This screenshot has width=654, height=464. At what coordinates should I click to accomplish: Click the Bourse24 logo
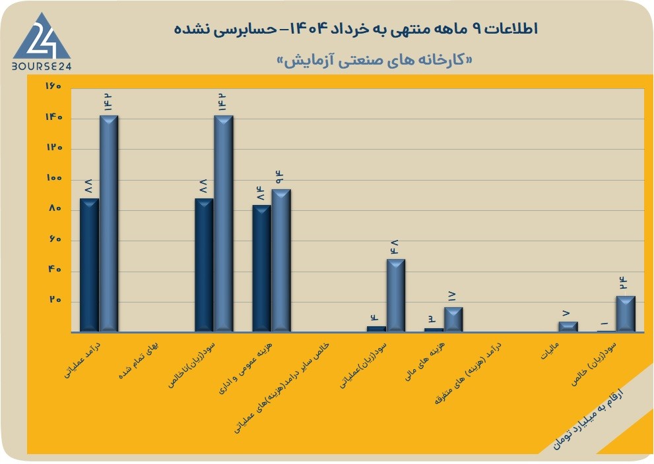[42, 41]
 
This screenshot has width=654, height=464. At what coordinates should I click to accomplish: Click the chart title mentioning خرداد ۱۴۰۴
[356, 29]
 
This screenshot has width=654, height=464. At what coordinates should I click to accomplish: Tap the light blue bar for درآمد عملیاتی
[108, 223]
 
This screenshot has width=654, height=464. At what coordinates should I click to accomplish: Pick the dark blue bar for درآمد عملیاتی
[89, 265]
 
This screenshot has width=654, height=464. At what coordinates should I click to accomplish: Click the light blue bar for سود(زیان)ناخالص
[224, 223]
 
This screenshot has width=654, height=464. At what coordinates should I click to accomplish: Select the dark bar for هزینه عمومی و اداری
[261, 268]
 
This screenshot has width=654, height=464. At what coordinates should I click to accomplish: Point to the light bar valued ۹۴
[281, 261]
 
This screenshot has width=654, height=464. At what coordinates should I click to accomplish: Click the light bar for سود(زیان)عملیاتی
[396, 296]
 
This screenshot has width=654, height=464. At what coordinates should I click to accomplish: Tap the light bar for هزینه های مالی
[453, 320]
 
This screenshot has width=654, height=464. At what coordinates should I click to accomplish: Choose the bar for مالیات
[568, 327]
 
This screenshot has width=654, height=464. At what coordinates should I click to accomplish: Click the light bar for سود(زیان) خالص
[626, 314]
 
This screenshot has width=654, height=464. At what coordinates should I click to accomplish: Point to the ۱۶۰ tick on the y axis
[53, 86]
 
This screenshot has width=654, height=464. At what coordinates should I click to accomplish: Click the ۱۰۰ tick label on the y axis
[53, 178]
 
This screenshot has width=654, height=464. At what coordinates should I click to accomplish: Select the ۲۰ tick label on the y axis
[56, 301]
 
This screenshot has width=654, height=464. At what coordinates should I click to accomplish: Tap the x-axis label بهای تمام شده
[139, 361]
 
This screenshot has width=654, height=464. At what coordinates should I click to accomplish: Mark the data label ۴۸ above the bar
[394, 247]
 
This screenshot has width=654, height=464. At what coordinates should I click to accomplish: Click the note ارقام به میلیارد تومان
[588, 419]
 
